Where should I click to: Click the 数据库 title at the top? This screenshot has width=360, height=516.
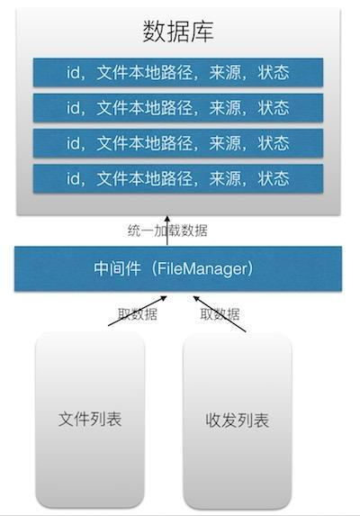pos(178,32)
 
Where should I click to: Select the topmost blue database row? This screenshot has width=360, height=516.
pos(178,72)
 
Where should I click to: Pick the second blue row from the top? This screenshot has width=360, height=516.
pos(178,107)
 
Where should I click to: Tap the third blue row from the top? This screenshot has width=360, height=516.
pos(178,142)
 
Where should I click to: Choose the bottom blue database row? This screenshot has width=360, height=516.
pos(178,177)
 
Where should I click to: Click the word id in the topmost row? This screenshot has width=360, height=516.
pos(74,72)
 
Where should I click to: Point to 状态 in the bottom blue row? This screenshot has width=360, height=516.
pos(274,177)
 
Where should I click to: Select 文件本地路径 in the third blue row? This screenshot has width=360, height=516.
pos(143,142)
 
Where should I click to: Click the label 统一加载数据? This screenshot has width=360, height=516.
pos(167,231)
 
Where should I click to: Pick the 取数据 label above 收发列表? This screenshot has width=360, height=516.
pos(220,314)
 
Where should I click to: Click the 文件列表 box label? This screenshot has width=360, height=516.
pos(90,419)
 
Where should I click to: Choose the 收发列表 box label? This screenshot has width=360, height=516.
pos(237,421)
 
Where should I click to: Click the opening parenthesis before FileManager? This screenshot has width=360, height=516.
pos(155,268)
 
